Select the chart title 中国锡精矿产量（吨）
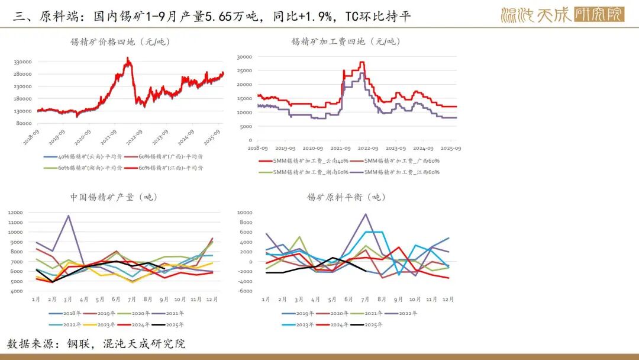tap(114, 197)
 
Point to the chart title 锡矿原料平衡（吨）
tap(346, 197)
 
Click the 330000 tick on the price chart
tap(22, 62)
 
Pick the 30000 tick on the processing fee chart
tap(244, 57)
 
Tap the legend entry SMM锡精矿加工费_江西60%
tap(402, 172)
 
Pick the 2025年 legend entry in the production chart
tap(172, 324)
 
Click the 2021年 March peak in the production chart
tap(69, 216)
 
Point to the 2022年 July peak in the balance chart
tap(366, 214)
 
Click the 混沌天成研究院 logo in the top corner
tap(561, 14)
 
